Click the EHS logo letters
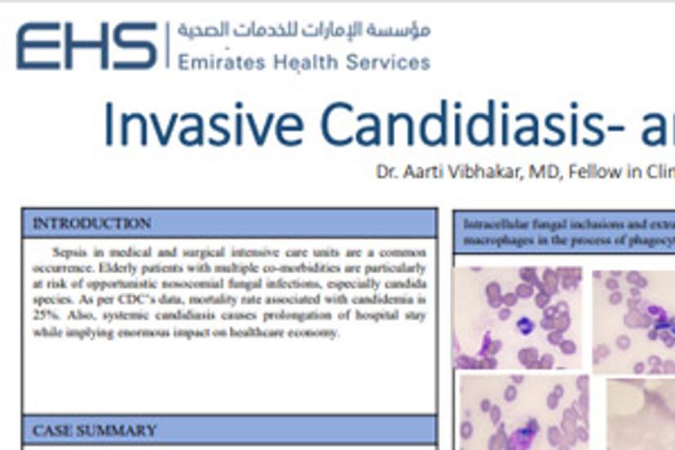pyautogui.click(x=86, y=45)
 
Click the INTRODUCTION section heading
pyautogui.click(x=91, y=223)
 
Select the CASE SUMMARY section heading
pyautogui.click(x=95, y=430)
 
